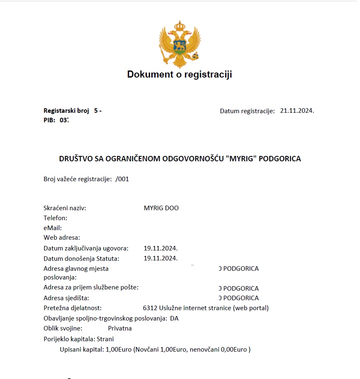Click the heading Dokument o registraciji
click(x=180, y=75)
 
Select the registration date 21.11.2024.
click(x=297, y=111)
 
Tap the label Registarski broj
click(x=66, y=111)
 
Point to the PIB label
click(x=49, y=120)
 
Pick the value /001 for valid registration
click(x=122, y=179)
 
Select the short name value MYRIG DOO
click(x=161, y=208)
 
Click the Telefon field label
click(x=55, y=218)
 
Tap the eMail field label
click(x=53, y=228)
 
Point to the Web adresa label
click(x=62, y=238)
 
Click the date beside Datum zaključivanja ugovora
click(x=161, y=248)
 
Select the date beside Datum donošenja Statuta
click(x=161, y=258)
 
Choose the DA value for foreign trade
click(x=174, y=318)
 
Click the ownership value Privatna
click(x=120, y=328)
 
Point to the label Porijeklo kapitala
click(x=69, y=339)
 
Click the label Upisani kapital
click(x=82, y=349)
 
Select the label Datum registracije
click(x=247, y=111)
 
